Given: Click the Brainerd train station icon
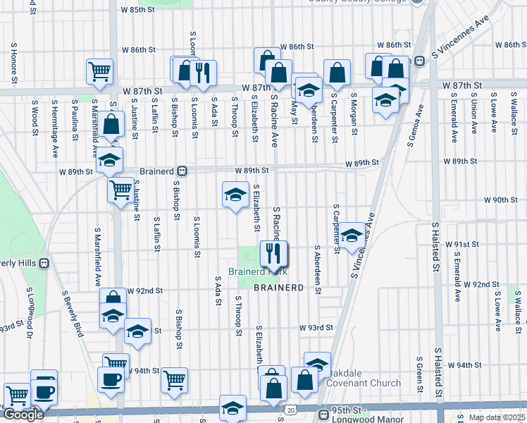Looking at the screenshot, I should click(x=182, y=171).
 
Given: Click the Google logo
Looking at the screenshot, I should click(x=23, y=415).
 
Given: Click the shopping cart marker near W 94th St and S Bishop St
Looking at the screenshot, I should click(x=174, y=379).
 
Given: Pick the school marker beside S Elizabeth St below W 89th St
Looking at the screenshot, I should click(x=235, y=194).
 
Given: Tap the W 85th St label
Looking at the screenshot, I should click(x=137, y=10).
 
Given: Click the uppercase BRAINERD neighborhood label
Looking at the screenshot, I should click(x=278, y=288).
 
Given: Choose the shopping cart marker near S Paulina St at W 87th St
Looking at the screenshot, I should click(x=99, y=70).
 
